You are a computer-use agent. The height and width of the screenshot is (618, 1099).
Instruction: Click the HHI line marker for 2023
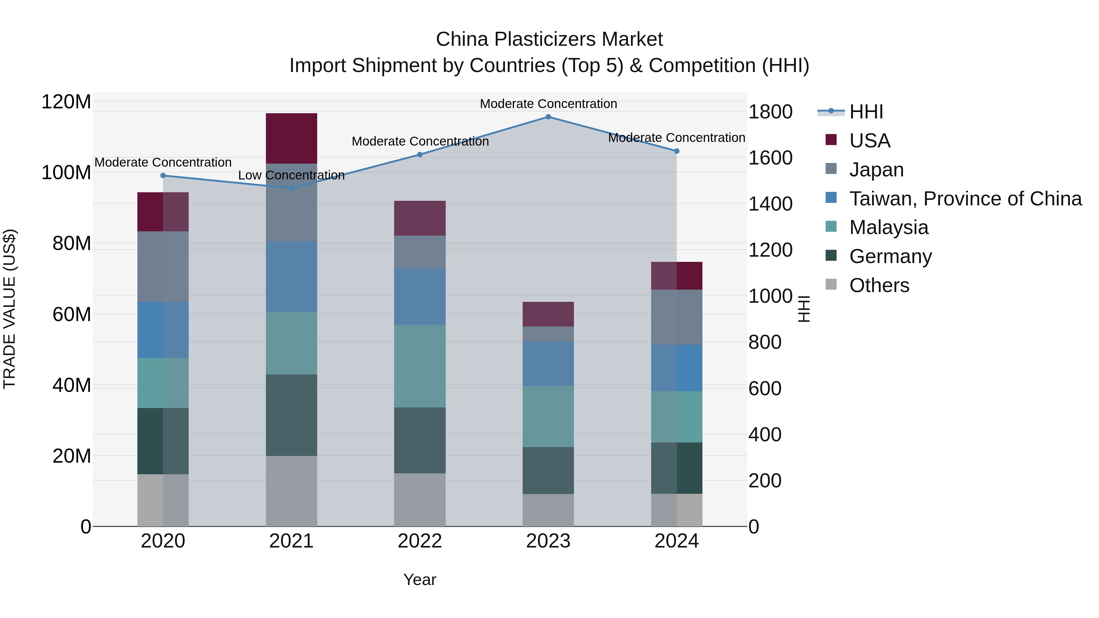pyautogui.click(x=548, y=117)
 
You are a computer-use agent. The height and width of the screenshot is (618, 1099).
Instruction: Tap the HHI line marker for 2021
pyautogui.click(x=292, y=188)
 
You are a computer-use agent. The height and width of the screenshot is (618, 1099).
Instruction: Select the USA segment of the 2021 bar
pyautogui.click(x=292, y=138)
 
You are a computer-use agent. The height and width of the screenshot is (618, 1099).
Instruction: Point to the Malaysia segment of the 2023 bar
pyautogui.click(x=548, y=416)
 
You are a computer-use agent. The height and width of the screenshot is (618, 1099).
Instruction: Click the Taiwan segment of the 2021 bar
pyautogui.click(x=292, y=276)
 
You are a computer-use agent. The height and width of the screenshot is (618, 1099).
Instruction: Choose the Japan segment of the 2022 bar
pyautogui.click(x=420, y=252)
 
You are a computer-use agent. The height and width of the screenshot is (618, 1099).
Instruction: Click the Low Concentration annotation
pyautogui.click(x=292, y=175)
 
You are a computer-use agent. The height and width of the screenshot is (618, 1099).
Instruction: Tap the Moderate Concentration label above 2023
pyautogui.click(x=548, y=104)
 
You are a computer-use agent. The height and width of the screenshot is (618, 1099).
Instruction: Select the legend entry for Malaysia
pyautogui.click(x=889, y=227)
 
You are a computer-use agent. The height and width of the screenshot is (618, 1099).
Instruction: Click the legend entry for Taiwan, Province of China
pyautogui.click(x=965, y=199)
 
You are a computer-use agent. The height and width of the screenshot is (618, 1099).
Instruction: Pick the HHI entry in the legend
pyautogui.click(x=866, y=112)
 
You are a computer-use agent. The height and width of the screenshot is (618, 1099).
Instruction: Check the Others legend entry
pyautogui.click(x=879, y=285)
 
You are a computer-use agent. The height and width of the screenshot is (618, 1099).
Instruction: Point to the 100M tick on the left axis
pyautogui.click(x=66, y=173)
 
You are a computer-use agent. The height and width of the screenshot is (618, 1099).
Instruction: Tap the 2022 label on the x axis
pyautogui.click(x=420, y=541)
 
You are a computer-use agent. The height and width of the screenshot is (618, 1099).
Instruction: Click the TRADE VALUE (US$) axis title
pyautogui.click(x=9, y=309)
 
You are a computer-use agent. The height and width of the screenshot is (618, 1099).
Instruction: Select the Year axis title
pyautogui.click(x=420, y=580)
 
